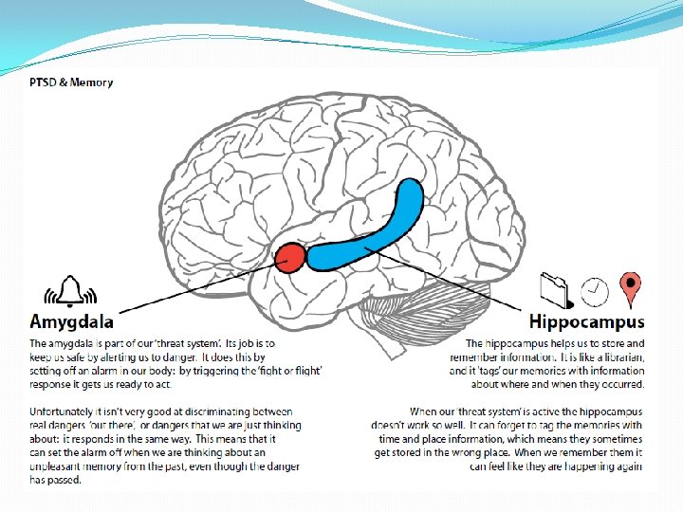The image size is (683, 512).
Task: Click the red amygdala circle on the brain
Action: tap(289, 257)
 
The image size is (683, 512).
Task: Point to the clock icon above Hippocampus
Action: tap(594, 290)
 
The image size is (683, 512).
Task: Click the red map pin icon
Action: tap(630, 285)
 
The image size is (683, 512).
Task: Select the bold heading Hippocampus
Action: tap(586, 322)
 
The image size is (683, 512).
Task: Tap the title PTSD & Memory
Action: tap(70, 82)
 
